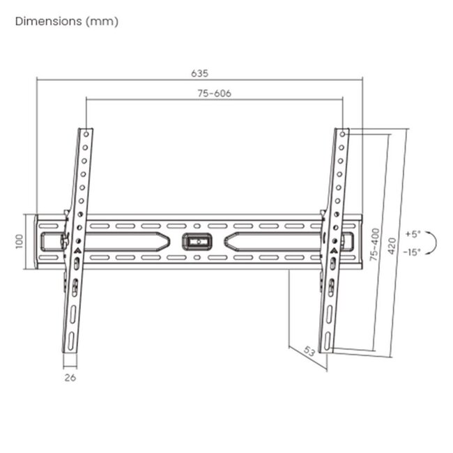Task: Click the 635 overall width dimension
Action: point(199,73)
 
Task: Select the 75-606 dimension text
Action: point(215,93)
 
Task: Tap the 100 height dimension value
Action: point(19,241)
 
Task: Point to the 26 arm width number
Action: point(70,378)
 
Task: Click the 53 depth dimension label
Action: point(309,351)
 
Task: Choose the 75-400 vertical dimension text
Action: point(374,245)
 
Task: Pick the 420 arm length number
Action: point(392,246)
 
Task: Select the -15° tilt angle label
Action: point(412,252)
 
